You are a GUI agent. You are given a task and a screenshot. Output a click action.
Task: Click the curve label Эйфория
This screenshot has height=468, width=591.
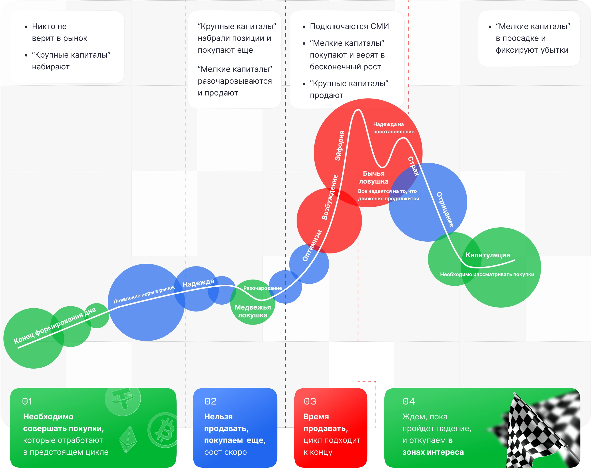tap(340, 145)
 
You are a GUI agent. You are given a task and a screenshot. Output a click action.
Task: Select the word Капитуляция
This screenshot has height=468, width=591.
tap(488, 255)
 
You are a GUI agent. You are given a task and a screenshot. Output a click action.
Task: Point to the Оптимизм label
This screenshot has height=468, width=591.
tap(312, 246)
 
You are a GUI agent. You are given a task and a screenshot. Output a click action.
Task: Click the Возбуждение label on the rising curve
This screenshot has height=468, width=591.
tap(330, 197)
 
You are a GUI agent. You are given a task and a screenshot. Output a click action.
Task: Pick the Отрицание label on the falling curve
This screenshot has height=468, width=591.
tap(445, 209)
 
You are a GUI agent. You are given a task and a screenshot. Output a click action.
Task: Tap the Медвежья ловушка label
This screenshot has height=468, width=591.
tap(253, 311)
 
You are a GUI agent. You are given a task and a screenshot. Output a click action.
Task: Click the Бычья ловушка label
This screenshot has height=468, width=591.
tap(374, 177)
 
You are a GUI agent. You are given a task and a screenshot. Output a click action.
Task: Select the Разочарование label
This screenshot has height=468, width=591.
tap(262, 288)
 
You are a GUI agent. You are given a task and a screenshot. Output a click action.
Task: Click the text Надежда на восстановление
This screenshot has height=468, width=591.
tap(394, 128)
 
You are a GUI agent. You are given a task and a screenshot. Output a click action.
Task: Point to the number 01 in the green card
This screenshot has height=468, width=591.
tap(27, 401)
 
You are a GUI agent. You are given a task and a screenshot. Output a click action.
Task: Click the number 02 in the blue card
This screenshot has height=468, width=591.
tap(210, 401)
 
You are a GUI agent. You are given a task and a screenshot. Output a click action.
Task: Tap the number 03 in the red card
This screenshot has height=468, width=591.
tap(310, 401)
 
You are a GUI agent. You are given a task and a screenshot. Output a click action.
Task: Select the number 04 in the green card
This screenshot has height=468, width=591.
tap(409, 401)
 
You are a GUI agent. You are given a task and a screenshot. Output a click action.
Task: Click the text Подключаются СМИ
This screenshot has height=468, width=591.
tap(349, 26)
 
